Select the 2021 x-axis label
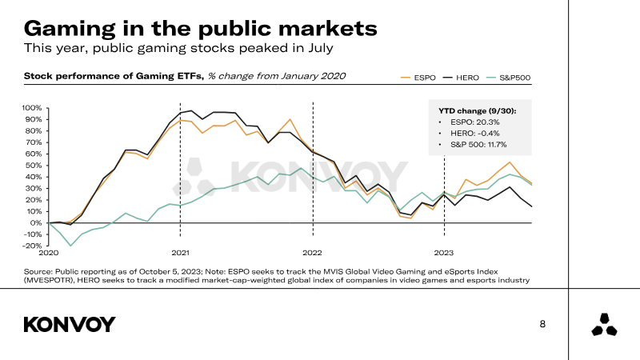(x=180, y=253)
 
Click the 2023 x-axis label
(x=444, y=253)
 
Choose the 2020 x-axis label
(x=48, y=253)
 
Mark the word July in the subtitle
(x=317, y=48)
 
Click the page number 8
(x=543, y=324)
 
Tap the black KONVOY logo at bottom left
(x=70, y=324)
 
